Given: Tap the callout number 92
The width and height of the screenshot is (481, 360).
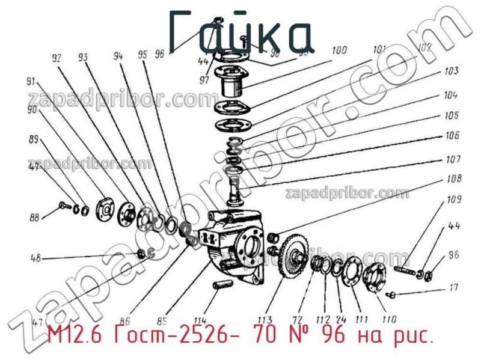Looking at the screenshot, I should [x=57, y=59].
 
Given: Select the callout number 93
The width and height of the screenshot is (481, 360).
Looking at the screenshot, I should [x=83, y=58].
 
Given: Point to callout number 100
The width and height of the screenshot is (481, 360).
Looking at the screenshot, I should [x=339, y=50].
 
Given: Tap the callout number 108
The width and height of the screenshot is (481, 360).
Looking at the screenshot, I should [x=454, y=178].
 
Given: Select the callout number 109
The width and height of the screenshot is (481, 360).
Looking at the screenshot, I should [x=454, y=200].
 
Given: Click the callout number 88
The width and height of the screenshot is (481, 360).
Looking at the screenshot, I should [x=36, y=218].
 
